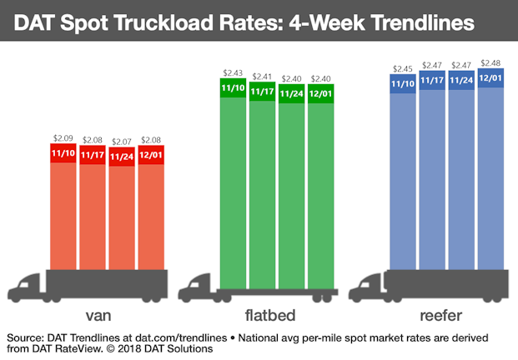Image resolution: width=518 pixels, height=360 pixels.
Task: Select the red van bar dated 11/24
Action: tap(122, 217)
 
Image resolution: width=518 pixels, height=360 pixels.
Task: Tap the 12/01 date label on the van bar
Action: tap(151, 154)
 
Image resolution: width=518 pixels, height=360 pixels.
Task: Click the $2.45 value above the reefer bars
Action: tap(404, 66)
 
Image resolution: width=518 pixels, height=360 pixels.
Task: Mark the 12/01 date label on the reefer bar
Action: tap(491, 80)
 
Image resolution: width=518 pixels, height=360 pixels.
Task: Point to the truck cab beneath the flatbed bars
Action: tap(196, 286)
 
